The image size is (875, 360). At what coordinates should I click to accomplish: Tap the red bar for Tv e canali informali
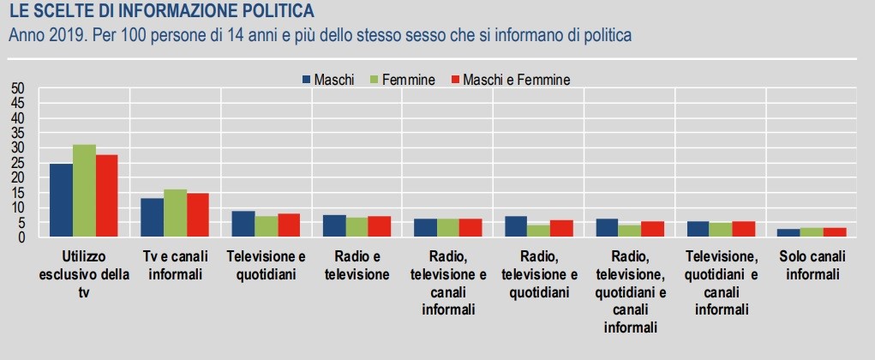197,215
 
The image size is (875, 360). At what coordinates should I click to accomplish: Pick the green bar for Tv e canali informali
175,213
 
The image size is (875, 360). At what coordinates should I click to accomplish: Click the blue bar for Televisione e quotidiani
243,224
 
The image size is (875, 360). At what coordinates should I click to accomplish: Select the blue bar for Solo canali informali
789,232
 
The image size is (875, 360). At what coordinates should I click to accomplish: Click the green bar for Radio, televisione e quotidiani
539,231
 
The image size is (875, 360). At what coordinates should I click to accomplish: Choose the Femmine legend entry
403,80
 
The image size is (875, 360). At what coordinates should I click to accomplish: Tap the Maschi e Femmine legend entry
509,80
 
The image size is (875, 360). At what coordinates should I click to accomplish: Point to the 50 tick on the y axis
19,88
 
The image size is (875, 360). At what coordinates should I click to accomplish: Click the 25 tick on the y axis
19,163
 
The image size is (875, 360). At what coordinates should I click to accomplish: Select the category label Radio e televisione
357,265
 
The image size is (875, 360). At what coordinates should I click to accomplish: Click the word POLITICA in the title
272,12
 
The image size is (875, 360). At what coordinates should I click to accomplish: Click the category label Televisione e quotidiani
266,265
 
